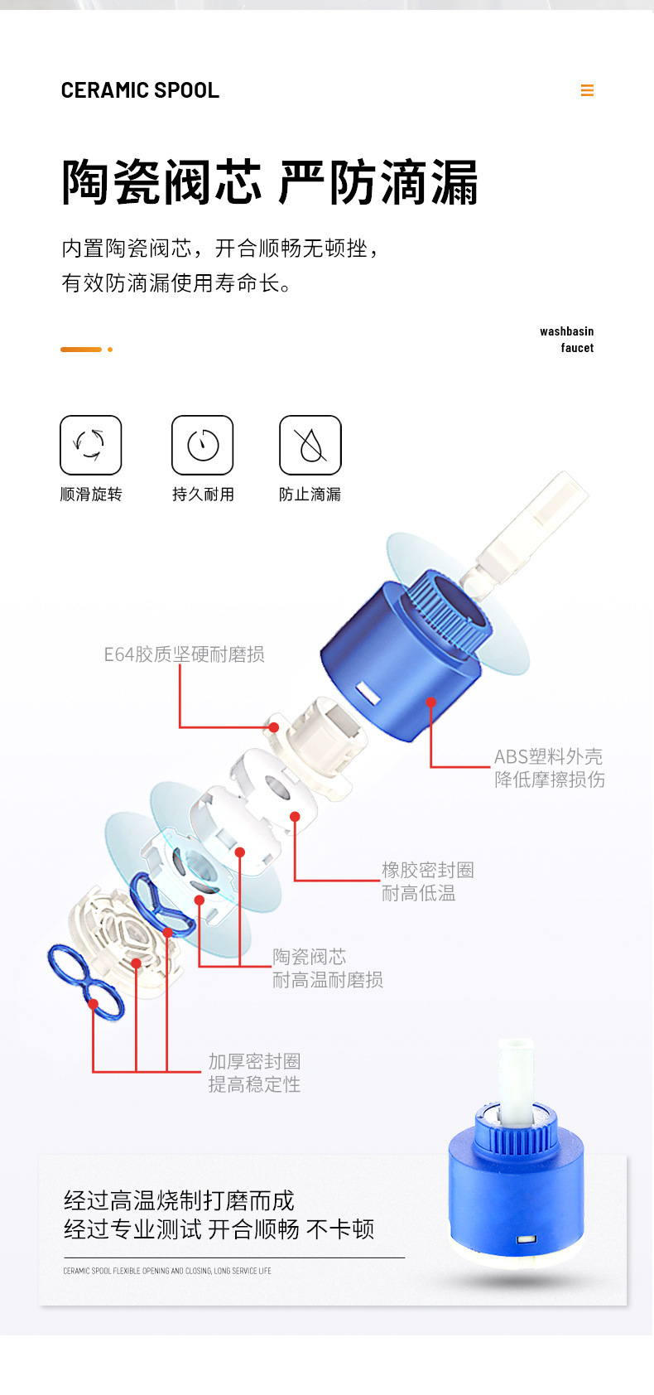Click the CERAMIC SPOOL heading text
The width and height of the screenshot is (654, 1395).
click(x=140, y=90)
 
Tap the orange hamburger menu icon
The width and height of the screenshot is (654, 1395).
click(x=587, y=90)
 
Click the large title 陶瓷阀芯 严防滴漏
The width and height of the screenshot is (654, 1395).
click(x=270, y=182)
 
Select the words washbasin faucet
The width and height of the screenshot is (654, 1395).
click(x=567, y=340)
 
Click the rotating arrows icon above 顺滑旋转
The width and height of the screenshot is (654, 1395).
click(x=91, y=445)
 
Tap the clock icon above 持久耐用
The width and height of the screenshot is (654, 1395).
click(x=203, y=445)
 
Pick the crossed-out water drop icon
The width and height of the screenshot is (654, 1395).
click(x=310, y=445)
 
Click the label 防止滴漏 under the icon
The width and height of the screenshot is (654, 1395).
click(x=310, y=495)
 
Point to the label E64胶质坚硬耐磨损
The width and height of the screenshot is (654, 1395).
click(x=184, y=654)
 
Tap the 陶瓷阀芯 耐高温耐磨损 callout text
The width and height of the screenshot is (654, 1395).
click(x=328, y=968)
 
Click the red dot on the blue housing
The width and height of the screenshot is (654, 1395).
click(x=430, y=702)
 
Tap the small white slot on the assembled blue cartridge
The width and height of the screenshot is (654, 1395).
click(x=526, y=1240)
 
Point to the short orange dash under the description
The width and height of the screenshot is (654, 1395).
click(x=81, y=350)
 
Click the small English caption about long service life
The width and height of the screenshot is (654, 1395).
click(x=167, y=1271)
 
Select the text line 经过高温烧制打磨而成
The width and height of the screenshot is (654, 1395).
click(x=179, y=1200)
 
